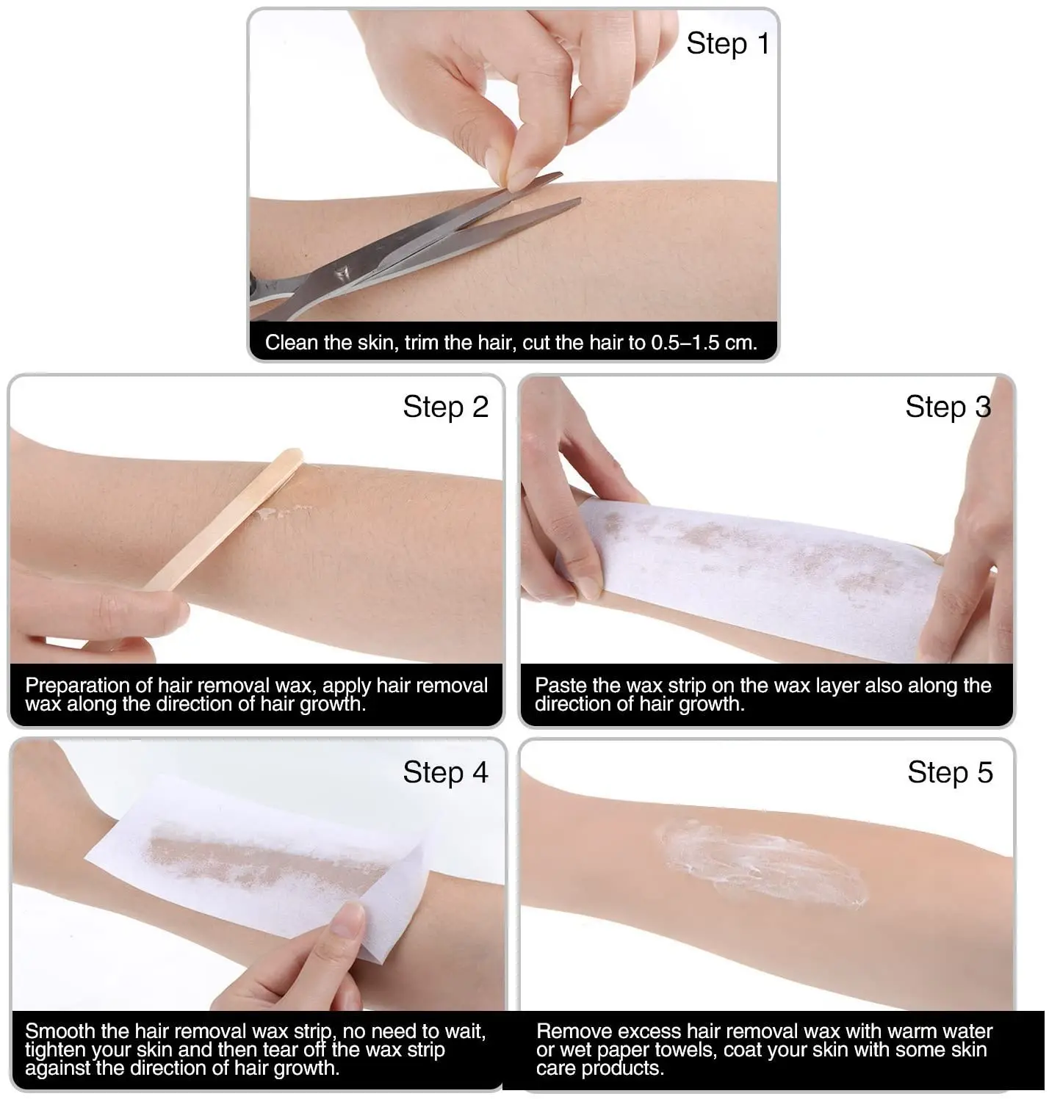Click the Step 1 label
pos(727,44)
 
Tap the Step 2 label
pos(445,407)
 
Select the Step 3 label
pos(948,407)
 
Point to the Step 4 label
pos(445,772)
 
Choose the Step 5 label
pos(949,772)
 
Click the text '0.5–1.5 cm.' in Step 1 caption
pos(704,343)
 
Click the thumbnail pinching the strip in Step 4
pos(348,919)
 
